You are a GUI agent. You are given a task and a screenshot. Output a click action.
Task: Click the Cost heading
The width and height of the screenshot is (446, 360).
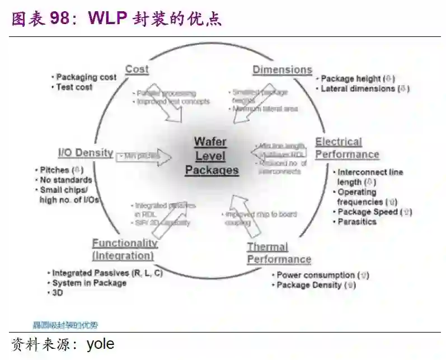pyautogui.click(x=137, y=69)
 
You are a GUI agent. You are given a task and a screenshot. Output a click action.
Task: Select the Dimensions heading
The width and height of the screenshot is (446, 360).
pyautogui.click(x=282, y=70)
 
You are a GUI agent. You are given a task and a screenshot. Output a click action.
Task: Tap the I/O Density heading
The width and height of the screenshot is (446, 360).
pyautogui.click(x=86, y=153)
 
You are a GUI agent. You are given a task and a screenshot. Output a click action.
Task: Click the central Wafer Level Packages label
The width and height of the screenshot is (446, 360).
pyautogui.click(x=212, y=156)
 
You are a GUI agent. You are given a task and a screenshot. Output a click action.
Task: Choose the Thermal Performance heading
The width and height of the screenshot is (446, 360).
pyautogui.click(x=279, y=253)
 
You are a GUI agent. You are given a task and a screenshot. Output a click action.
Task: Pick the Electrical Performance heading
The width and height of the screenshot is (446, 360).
pyautogui.click(x=347, y=148)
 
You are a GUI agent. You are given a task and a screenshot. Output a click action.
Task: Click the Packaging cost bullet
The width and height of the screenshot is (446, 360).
pyautogui.click(x=86, y=77)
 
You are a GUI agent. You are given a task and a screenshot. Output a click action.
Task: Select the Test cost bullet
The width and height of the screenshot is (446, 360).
pyautogui.click(x=74, y=87)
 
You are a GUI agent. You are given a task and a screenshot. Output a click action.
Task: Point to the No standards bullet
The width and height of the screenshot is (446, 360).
pyautogui.click(x=65, y=180)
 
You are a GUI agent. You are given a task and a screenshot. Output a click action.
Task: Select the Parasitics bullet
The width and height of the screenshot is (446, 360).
pyautogui.click(x=356, y=222)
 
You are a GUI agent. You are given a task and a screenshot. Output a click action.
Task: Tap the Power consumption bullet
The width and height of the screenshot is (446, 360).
pyautogui.click(x=322, y=275)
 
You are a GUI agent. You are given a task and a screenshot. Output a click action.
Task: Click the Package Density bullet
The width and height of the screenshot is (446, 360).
pyautogui.click(x=316, y=285)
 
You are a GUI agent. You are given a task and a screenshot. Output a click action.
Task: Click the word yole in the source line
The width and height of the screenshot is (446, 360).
pyautogui.click(x=100, y=344)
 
